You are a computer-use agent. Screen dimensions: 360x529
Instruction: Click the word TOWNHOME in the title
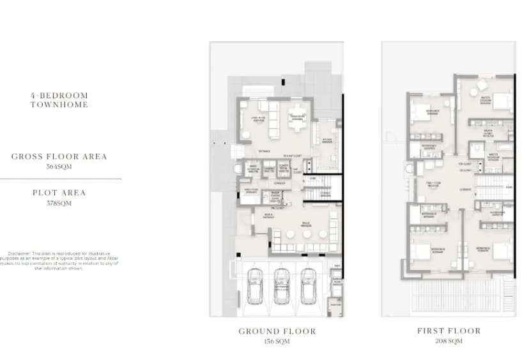tap(59, 104)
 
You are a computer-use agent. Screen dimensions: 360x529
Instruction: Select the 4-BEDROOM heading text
tap(59, 95)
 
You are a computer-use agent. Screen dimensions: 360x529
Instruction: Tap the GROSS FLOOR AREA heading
tap(59, 156)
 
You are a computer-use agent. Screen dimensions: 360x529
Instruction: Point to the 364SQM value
tap(59, 167)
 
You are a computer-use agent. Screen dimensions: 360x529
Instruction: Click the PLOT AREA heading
tap(59, 192)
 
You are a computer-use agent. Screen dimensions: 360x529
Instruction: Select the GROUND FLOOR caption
tap(277, 331)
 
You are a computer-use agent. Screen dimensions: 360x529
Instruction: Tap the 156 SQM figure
tap(277, 341)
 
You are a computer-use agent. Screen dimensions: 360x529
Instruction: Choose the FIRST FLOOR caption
tap(448, 331)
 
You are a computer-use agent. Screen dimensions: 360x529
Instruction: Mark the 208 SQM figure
tap(448, 341)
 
